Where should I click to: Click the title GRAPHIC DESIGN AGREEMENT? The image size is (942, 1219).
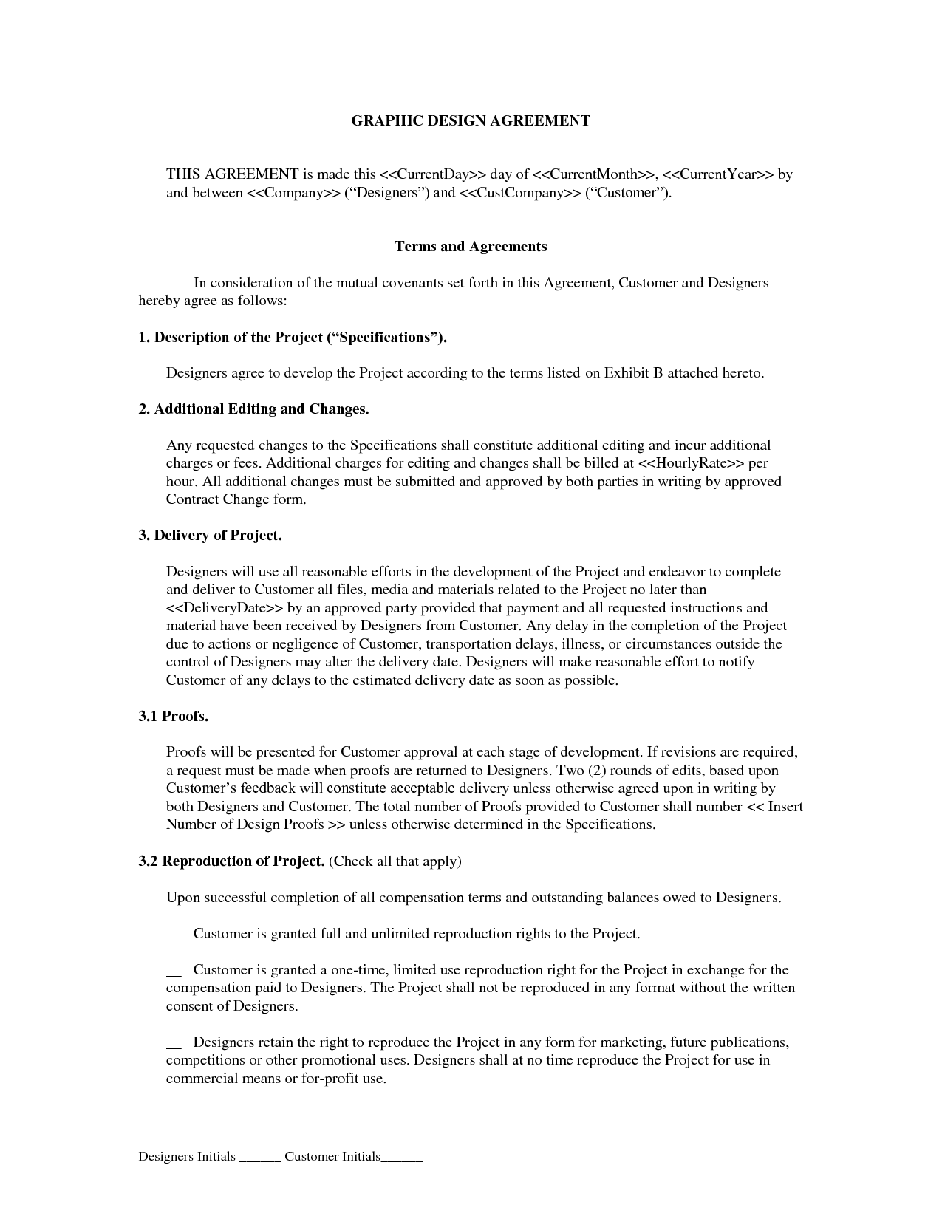tap(471, 120)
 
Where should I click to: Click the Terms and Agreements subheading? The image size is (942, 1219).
tap(471, 247)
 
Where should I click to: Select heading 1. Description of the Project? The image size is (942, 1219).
tap(293, 338)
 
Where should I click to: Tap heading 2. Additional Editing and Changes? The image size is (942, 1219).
tap(253, 409)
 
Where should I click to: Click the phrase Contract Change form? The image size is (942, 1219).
tap(235, 499)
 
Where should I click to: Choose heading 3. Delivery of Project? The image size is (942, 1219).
tap(210, 536)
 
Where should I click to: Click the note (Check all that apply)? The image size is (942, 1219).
tap(395, 861)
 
